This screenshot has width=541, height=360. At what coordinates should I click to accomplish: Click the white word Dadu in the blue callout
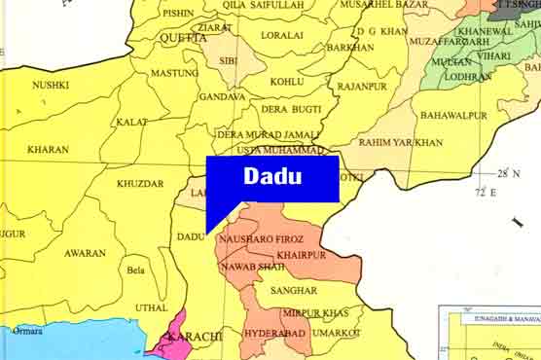tap(272, 176)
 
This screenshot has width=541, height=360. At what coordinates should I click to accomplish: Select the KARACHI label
tap(195, 336)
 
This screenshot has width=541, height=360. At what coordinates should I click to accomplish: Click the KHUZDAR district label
tap(140, 183)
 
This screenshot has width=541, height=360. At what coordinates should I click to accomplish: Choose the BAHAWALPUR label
tap(453, 115)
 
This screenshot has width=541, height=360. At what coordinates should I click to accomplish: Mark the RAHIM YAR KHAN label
tap(401, 143)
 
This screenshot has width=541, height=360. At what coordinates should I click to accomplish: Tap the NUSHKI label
tap(51, 86)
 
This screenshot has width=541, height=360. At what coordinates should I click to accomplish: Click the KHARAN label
tap(48, 150)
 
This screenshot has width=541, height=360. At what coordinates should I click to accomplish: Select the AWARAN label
tap(86, 253)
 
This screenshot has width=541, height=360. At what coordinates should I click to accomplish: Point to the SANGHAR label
tap(295, 290)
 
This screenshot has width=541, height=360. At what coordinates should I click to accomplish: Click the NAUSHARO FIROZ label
tap(263, 238)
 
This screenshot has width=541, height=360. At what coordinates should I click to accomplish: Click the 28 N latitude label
tap(509, 173)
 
